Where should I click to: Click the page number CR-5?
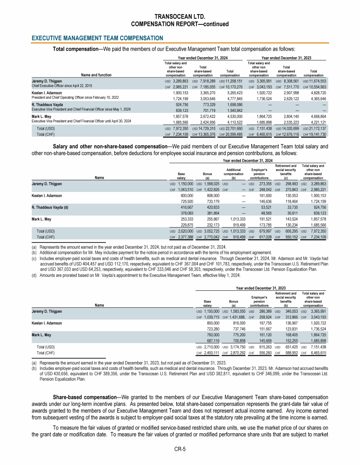coord(180,449)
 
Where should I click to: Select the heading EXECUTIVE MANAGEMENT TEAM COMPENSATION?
coord(97,37)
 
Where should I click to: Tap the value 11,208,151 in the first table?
coord(233,81)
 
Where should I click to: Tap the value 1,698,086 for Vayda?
coord(233,105)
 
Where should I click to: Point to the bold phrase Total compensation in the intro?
coord(75,48)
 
